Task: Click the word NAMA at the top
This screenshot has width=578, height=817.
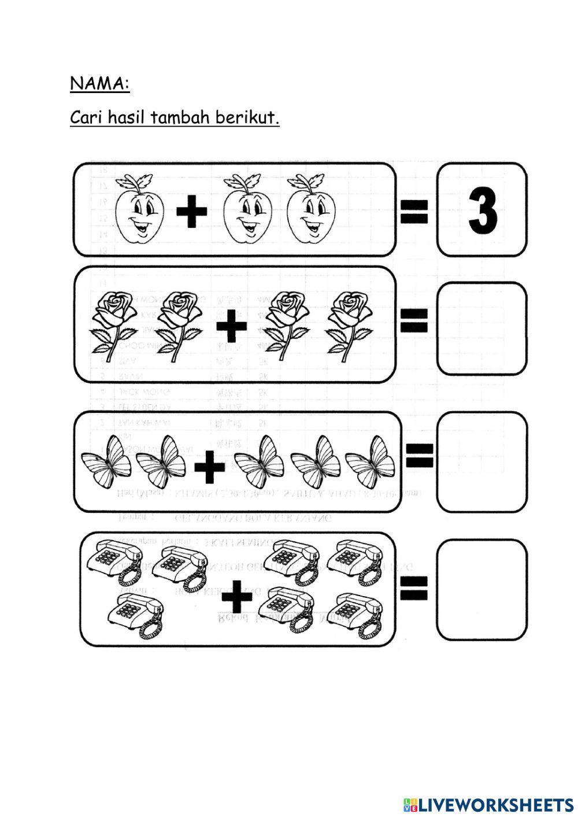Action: [x=97, y=84]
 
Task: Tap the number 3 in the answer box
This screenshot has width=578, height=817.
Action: [x=483, y=210]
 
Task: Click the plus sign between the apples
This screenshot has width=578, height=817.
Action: [x=192, y=212]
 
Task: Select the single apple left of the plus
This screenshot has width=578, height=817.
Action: [x=139, y=210]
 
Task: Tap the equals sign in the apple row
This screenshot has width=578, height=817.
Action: [x=414, y=211]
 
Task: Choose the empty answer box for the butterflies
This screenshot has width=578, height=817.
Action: [x=481, y=461]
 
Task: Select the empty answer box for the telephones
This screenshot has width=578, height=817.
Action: [x=481, y=589]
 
